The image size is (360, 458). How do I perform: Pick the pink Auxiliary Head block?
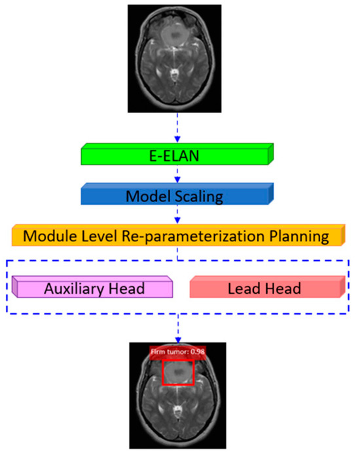tap(92, 288)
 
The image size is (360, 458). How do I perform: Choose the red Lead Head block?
tap(266, 288)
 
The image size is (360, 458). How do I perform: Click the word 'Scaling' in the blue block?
tap(201, 196)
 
